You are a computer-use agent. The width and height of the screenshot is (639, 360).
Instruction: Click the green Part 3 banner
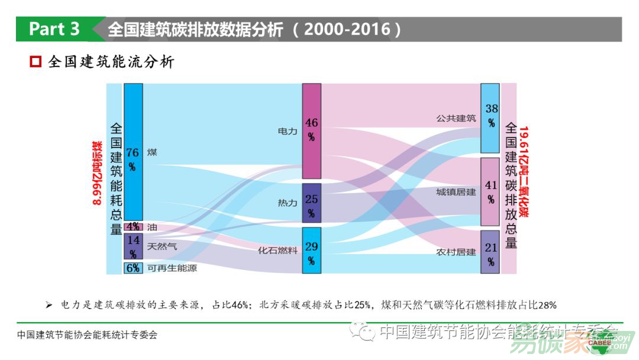tap(54, 29)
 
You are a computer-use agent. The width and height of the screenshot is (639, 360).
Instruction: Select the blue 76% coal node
tap(133, 152)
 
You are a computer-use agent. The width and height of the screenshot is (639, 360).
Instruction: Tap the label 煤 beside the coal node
tap(152, 152)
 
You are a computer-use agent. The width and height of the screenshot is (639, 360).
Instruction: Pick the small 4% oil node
tap(133, 227)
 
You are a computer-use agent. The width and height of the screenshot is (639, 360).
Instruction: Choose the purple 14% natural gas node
tap(133, 246)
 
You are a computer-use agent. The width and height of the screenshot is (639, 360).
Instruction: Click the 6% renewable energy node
tap(133, 268)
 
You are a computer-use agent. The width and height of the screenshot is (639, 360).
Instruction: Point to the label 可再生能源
tap(172, 268)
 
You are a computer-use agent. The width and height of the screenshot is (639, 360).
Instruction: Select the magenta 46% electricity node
tap(311, 131)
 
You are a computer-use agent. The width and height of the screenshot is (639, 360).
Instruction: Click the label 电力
tap(288, 131)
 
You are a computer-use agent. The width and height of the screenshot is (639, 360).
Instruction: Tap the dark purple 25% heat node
tap(311, 203)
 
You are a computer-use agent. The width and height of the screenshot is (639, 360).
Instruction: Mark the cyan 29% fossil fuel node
tap(311, 250)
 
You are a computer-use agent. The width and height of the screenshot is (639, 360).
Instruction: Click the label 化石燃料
tap(277, 250)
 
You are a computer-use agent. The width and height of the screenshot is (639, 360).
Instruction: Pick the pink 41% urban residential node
tap(490, 191)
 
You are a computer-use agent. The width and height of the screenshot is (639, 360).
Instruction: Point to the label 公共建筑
tap(456, 118)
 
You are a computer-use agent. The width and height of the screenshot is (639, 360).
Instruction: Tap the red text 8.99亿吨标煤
tap(96, 173)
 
